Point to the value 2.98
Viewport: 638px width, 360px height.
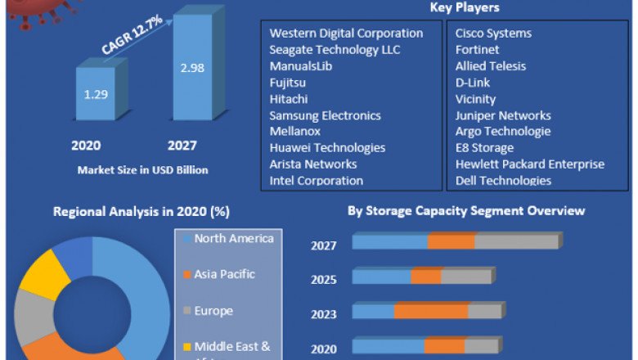click(192, 68)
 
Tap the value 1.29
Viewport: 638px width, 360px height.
click(96, 94)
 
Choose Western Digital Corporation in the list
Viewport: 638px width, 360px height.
click(346, 34)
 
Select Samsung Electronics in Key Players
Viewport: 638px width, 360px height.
click(325, 115)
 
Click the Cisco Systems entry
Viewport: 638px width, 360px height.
click(493, 34)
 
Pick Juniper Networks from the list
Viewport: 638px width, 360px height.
click(503, 115)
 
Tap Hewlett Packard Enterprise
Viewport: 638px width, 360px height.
click(529, 164)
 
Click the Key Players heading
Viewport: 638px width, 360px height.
click(465, 8)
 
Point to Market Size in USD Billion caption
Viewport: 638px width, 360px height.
click(142, 170)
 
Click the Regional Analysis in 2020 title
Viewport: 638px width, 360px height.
click(141, 212)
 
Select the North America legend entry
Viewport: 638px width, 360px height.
click(233, 239)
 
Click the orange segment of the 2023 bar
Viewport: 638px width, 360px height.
click(431, 312)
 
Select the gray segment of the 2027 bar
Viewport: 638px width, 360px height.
click(516, 241)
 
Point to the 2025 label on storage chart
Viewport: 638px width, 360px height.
click(324, 280)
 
